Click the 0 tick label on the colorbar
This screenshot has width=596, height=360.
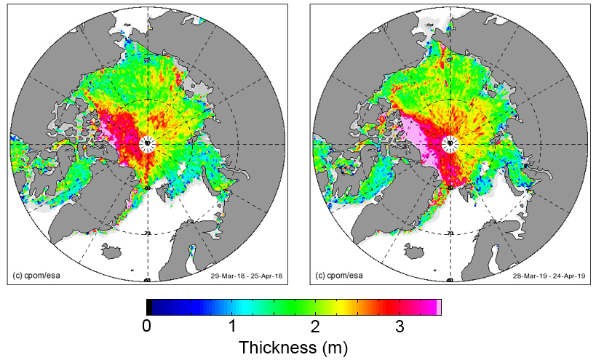click(x=146, y=327)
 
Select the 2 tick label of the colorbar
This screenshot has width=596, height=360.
click(x=315, y=327)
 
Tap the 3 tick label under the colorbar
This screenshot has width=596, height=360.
click(x=400, y=327)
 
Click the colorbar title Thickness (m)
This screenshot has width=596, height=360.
click(x=293, y=348)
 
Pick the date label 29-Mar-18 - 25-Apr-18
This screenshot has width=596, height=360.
click(x=243, y=276)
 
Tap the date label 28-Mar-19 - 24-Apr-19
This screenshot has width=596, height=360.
click(x=547, y=276)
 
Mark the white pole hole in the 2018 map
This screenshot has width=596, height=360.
click(x=148, y=143)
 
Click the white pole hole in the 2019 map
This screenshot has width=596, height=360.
click(x=450, y=143)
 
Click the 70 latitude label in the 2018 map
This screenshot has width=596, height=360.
click(x=148, y=233)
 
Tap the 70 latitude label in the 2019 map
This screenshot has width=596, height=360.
click(x=450, y=233)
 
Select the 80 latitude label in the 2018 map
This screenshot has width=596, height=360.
click(x=148, y=188)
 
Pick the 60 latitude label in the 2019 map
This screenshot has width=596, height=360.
click(x=450, y=279)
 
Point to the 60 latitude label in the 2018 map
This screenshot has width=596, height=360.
click(x=148, y=279)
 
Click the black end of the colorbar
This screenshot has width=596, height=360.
click(x=149, y=306)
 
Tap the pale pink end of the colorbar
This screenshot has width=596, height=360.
click(x=438, y=306)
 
